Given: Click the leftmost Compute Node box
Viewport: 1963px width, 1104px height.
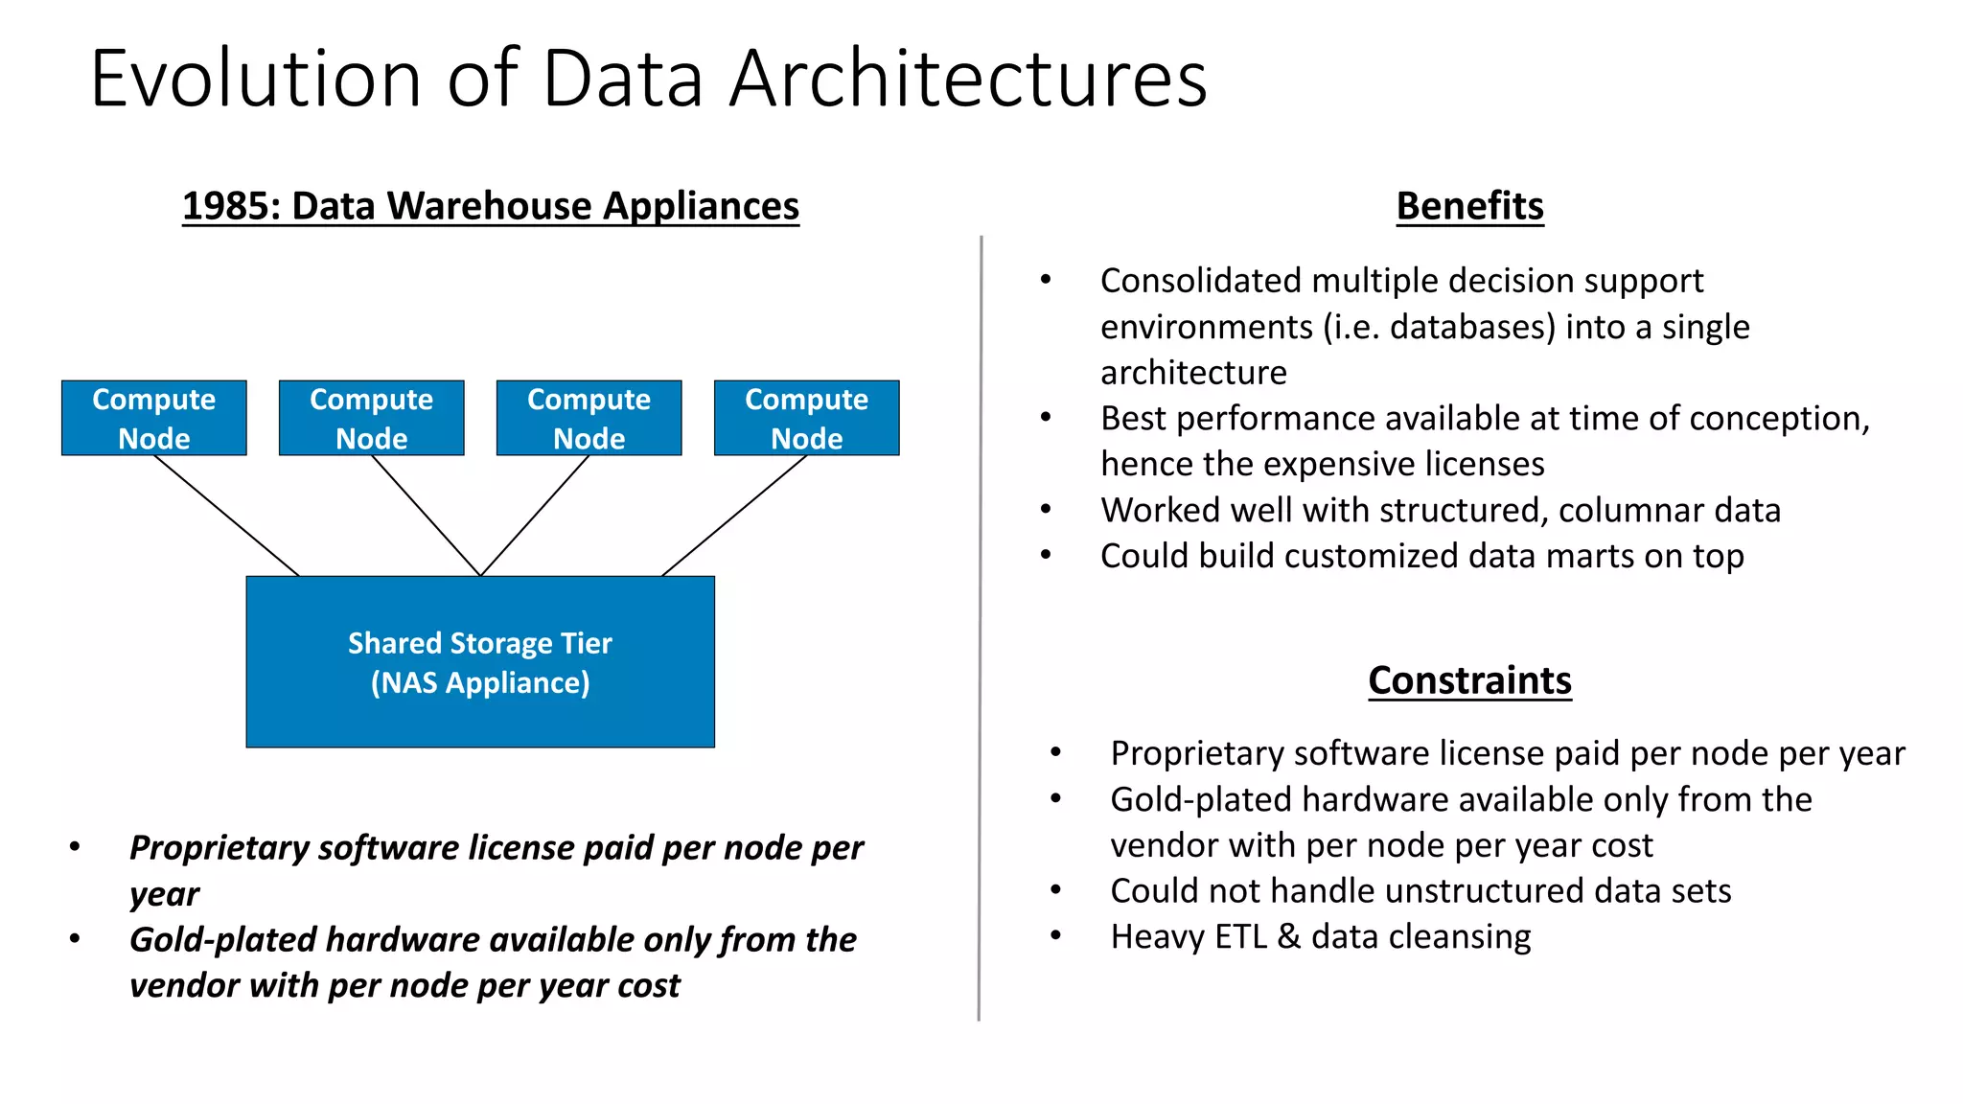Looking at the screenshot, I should coord(153,418).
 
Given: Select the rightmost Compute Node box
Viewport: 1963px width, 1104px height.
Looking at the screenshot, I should coord(806,418).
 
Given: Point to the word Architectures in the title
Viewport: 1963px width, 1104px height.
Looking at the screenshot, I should coord(968,79).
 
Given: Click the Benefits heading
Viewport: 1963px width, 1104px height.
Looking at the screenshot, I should coord(1469,206).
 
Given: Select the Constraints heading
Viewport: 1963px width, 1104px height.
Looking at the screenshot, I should coord(1469,680).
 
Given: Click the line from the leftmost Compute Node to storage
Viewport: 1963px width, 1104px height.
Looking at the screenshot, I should coord(227,516).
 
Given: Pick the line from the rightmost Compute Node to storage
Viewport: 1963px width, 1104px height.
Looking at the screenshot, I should coord(734,516).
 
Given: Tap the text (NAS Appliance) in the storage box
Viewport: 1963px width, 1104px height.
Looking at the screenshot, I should coord(479,683).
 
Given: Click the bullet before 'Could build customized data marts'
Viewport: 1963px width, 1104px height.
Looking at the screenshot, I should coord(1046,556).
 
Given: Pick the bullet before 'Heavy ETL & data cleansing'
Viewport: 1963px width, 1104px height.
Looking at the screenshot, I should coord(1055,936).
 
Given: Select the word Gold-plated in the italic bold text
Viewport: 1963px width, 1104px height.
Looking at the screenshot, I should coord(222,940).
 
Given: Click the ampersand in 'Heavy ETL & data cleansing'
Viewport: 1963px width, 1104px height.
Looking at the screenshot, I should coord(1289,936).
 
